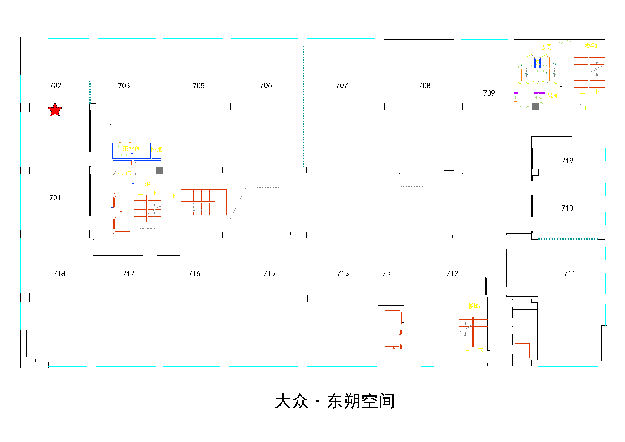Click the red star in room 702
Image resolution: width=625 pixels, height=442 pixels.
55,110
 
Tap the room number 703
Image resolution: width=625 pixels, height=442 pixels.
124,86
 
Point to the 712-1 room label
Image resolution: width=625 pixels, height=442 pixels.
389,274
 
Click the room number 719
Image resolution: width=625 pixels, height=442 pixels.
567,161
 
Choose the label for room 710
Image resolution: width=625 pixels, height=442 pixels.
567,208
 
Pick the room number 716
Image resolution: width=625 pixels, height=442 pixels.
194,274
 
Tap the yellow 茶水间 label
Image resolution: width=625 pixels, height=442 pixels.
132,148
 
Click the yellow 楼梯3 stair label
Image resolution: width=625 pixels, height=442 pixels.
591,46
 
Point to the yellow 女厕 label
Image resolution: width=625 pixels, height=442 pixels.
546,47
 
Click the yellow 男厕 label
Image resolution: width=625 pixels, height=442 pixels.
552,96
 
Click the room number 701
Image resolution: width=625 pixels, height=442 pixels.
55,198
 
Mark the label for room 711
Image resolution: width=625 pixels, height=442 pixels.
569,274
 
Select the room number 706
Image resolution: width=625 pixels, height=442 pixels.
266,86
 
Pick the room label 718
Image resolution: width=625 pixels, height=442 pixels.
59,274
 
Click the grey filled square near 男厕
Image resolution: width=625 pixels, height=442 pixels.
535,106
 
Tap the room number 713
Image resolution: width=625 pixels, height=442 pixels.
343,274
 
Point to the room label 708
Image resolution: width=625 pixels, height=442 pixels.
424,86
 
